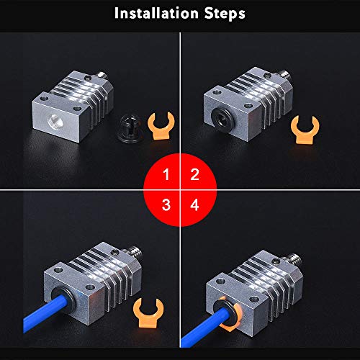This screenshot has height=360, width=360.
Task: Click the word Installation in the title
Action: coord(156,13)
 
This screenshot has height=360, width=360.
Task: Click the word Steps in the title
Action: coord(225,14)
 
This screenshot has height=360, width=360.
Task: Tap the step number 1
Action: coord(166,174)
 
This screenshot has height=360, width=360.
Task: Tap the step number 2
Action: coord(194,174)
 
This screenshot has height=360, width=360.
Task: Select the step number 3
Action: coord(166,205)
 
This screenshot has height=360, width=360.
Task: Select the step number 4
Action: coord(194,205)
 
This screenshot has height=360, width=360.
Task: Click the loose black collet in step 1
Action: coord(130,128)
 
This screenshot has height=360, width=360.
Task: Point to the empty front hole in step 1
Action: coord(55,120)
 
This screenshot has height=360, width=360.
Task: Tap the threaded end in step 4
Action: coord(294,259)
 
